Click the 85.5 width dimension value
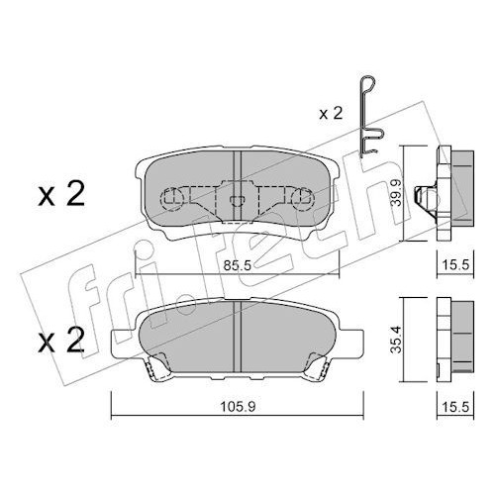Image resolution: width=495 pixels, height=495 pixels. (238, 265)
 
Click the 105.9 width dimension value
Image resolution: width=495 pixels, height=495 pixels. (238, 407)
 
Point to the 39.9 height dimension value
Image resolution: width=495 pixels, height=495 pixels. (396, 193)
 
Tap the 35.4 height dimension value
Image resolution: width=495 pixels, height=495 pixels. (396, 340)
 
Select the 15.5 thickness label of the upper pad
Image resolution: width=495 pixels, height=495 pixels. (455, 265)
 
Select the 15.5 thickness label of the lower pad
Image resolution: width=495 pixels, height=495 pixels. (455, 407)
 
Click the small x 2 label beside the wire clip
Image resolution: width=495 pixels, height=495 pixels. (331, 114)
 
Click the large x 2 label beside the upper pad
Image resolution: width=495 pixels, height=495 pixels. (61, 195)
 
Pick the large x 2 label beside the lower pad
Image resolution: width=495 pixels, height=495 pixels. (61, 341)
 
